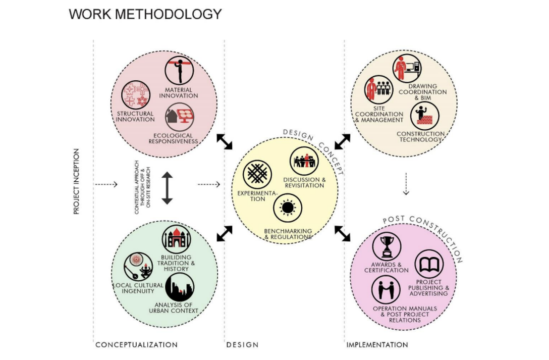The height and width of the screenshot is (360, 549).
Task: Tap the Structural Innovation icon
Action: [x=136, y=95]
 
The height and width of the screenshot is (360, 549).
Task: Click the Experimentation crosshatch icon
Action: [x=257, y=174]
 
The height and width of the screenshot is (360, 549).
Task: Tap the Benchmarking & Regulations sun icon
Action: [x=288, y=208]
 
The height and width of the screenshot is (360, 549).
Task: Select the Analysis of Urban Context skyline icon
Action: [x=180, y=287]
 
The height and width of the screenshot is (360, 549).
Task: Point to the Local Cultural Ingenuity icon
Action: [x=138, y=267]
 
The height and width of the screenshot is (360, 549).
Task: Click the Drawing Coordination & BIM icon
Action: [x=407, y=69]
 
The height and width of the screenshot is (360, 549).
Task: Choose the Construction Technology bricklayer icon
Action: [x=424, y=116]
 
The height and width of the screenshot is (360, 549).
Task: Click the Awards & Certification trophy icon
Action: [x=387, y=246]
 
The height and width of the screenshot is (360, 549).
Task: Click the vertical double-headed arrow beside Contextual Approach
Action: [x=168, y=188]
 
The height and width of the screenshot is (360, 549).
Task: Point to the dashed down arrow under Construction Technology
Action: [x=406, y=185]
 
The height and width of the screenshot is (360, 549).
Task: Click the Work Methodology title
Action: [x=145, y=14]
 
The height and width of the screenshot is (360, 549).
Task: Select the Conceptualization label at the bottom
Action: [x=136, y=345]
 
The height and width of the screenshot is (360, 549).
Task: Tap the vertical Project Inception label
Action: [x=77, y=181]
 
